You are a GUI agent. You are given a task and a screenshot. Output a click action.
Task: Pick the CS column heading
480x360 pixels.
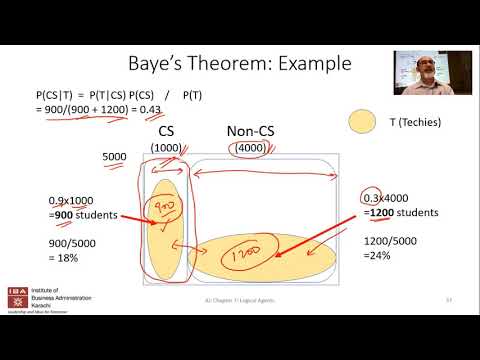[166, 131]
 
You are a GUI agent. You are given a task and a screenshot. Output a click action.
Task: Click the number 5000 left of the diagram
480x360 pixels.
[114, 157]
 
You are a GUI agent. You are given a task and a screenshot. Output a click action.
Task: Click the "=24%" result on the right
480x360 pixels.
[385, 254]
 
